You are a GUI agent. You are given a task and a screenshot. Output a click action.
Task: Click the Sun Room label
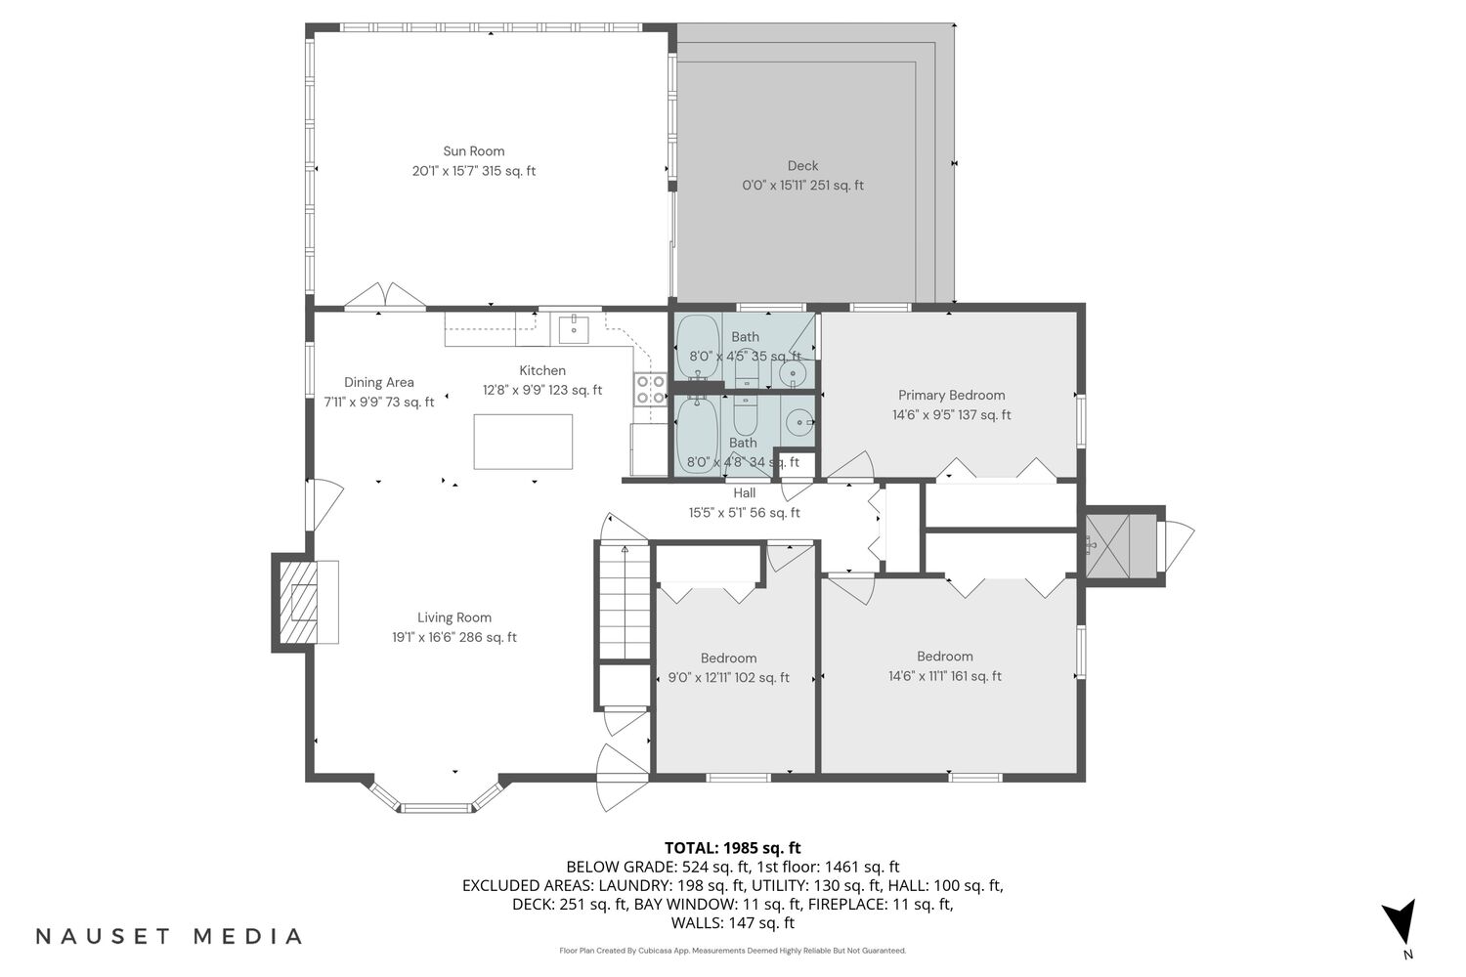pos(474,151)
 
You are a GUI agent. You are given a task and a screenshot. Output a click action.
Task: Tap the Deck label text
pos(802,166)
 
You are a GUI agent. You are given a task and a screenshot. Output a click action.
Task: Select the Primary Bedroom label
pos(952,396)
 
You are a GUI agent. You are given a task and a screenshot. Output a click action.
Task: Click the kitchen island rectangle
pos(523,442)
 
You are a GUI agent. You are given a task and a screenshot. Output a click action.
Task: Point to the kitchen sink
pos(574,330)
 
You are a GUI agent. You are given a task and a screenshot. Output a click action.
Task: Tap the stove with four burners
pos(651,390)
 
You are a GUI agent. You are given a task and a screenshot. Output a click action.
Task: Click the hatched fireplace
pos(298,603)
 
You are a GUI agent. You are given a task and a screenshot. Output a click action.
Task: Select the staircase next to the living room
pos(625,602)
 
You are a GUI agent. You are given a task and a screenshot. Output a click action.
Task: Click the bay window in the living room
pos(437,796)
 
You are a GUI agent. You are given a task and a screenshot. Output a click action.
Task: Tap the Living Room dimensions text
pos(454,637)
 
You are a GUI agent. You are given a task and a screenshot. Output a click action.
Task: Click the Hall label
pos(744,493)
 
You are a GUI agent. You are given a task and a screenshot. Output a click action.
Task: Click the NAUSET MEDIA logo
pos(169,936)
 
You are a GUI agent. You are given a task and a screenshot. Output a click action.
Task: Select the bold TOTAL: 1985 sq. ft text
pos(732,848)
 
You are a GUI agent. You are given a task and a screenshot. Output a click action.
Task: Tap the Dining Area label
pos(379,382)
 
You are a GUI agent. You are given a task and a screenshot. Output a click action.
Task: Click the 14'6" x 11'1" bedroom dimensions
pos(945,677)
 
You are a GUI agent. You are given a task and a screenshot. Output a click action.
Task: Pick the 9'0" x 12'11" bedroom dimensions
pos(728,678)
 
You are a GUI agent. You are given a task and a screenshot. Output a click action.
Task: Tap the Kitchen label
pos(542,370)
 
